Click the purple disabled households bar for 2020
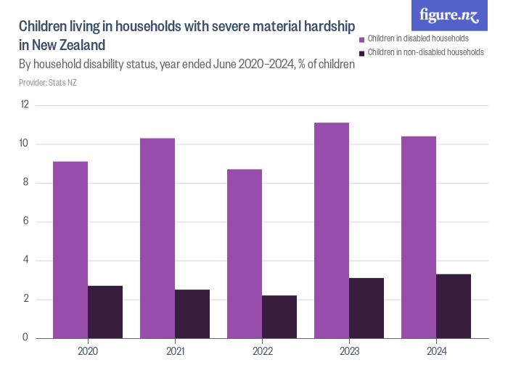click(70, 250)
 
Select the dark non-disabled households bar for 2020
click(105, 312)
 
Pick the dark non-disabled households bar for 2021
click(192, 314)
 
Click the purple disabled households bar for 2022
click(245, 253)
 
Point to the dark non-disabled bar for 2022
click(279, 316)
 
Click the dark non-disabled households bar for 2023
click(366, 308)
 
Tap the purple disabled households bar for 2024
click(419, 237)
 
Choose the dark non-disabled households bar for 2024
click(454, 306)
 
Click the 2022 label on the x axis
click(262, 351)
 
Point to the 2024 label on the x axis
click(436, 351)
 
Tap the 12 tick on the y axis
click(25, 105)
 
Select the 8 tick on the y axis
click(26, 183)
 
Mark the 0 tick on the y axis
click(26, 338)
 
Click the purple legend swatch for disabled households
click(362, 38)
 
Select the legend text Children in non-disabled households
click(425, 52)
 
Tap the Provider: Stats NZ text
click(48, 82)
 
